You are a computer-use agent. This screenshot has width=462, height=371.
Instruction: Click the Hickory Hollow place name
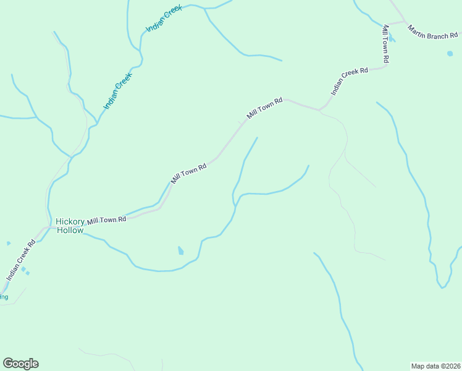[x=69, y=226]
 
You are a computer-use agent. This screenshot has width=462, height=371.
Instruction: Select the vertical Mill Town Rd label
[x=386, y=43]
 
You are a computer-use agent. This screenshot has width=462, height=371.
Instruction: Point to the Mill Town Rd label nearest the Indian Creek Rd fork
[x=264, y=108]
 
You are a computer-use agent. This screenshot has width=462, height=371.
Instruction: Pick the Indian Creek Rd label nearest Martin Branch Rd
[x=349, y=80]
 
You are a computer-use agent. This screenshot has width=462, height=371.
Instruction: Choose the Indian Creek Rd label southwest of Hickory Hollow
[x=21, y=260]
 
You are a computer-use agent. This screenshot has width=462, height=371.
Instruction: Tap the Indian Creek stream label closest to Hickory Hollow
[x=117, y=92]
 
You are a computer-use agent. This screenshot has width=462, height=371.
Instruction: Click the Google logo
[x=20, y=364]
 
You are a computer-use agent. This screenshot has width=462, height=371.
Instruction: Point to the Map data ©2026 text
[x=435, y=365]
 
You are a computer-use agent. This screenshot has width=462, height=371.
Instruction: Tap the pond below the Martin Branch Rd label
[x=450, y=54]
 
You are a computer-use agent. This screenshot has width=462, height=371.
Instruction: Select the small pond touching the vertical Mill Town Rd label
[x=392, y=40]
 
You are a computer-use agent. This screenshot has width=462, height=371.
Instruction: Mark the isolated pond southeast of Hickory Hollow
[x=180, y=250]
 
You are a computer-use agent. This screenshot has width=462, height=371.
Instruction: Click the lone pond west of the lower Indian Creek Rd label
[x=8, y=243]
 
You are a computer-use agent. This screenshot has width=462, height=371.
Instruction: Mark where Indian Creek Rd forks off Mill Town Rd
[x=319, y=110]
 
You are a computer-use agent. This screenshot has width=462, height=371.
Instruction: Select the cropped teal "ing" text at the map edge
[x=4, y=297]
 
